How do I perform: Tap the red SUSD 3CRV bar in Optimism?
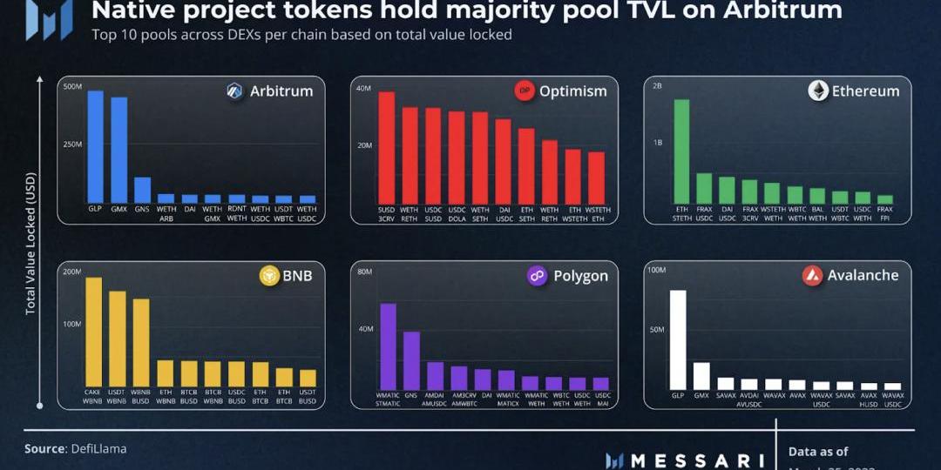tap(386, 147)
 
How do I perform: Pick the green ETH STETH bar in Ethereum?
tap(681, 151)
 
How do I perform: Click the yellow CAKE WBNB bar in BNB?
tap(93, 332)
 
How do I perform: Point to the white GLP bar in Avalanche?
tap(677, 339)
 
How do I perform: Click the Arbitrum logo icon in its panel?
tap(234, 91)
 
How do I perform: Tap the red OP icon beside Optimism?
tap(525, 91)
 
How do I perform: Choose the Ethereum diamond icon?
tap(817, 91)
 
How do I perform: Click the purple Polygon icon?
tap(538, 276)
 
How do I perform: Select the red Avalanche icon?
tap(812, 276)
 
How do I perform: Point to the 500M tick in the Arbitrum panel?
tap(72, 87)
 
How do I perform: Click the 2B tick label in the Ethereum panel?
tap(657, 87)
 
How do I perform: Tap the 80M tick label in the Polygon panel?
tap(365, 272)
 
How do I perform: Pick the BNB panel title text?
tap(298, 276)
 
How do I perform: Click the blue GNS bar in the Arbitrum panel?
tap(142, 190)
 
